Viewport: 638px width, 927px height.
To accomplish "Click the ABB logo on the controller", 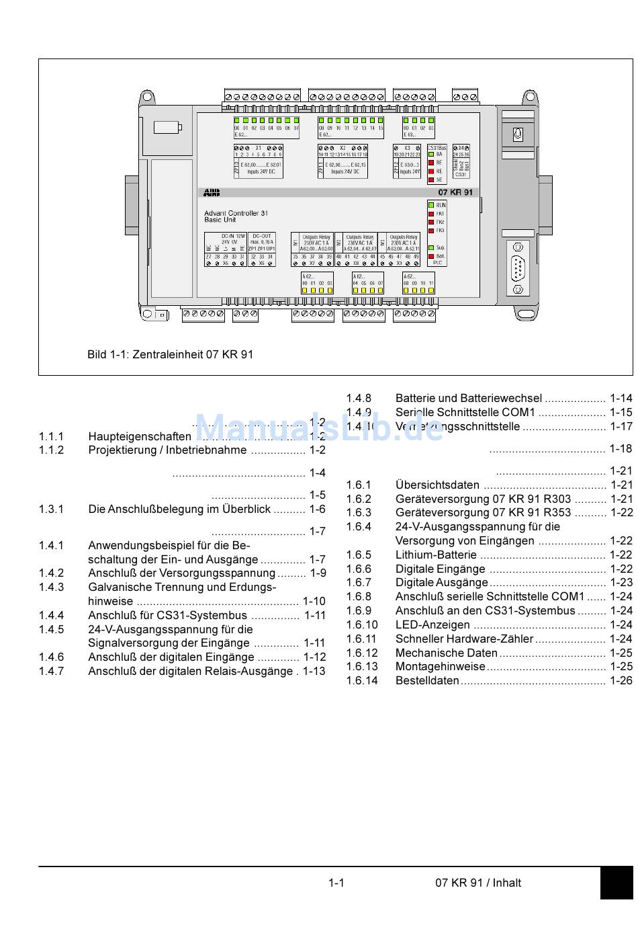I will click(212, 193).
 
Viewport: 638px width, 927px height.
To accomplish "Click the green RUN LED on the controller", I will click(431, 205).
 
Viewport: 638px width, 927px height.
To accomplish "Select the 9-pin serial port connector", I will click(518, 268).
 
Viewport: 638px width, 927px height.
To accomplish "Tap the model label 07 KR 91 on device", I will click(455, 192).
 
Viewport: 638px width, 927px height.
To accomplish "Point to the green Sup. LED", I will click(431, 248).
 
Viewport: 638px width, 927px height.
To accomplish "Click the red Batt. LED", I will click(431, 256).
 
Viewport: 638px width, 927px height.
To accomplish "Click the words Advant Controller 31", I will click(236, 213).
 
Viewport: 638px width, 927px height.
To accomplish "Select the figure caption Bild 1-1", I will click(170, 354).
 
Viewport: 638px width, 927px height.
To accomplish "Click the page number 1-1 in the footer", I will click(336, 883).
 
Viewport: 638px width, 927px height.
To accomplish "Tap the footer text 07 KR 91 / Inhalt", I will click(477, 883).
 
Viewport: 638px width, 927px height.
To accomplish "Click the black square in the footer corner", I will click(616, 883).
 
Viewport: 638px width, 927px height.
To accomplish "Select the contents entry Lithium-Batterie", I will click(436, 555).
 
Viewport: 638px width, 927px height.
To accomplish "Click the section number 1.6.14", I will click(362, 680).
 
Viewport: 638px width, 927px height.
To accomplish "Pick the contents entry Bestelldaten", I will click(427, 680).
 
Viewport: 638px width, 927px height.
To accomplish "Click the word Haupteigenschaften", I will click(140, 436).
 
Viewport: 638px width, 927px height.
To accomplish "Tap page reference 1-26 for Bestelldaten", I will click(621, 680).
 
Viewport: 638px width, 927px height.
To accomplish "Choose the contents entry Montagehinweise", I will click(440, 666).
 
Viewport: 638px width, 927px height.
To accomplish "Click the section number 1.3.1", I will click(51, 509).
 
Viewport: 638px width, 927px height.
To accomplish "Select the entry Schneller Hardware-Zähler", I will click(464, 639).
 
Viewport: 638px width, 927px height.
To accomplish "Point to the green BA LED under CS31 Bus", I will click(431, 155).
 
